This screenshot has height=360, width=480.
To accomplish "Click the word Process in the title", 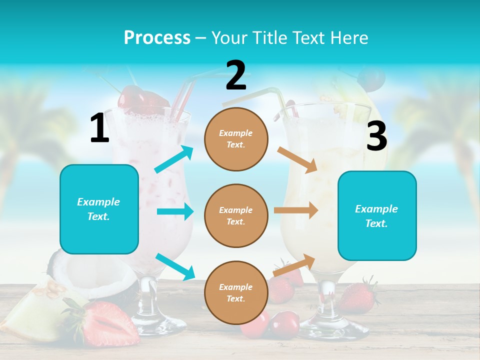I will click(157, 37).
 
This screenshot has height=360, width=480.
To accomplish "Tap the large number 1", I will click(99, 128).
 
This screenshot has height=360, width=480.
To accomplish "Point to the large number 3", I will click(376, 136).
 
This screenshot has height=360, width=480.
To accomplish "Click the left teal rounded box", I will click(99, 209).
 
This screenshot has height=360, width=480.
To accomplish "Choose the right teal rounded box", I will click(377, 215).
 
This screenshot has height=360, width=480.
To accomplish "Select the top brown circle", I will click(236, 139).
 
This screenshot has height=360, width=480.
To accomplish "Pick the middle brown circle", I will click(236, 215).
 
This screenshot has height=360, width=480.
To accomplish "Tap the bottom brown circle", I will click(236, 292).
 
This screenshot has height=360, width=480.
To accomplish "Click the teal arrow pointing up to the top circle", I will click(174, 159).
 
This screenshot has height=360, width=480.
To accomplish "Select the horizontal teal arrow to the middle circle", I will click(175, 211).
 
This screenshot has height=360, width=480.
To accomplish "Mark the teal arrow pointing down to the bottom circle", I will click(175, 266).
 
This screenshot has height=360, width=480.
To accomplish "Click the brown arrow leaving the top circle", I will click(298, 159).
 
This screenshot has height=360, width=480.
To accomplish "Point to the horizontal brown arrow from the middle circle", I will click(296, 210).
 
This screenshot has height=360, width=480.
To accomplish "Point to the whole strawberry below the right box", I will click(358, 297).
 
